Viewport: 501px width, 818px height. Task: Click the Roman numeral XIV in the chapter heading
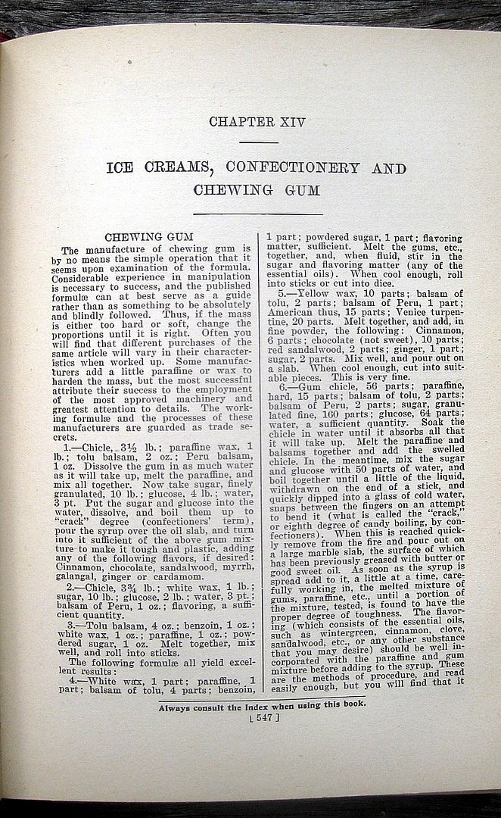coord(289,122)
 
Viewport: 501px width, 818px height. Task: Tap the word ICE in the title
coord(122,167)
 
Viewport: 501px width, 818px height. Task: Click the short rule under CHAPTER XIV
coord(257,142)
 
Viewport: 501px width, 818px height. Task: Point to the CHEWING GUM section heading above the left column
coord(149,237)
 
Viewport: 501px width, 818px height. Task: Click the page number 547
coord(263,717)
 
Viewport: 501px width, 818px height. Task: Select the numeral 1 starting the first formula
coord(66,448)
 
